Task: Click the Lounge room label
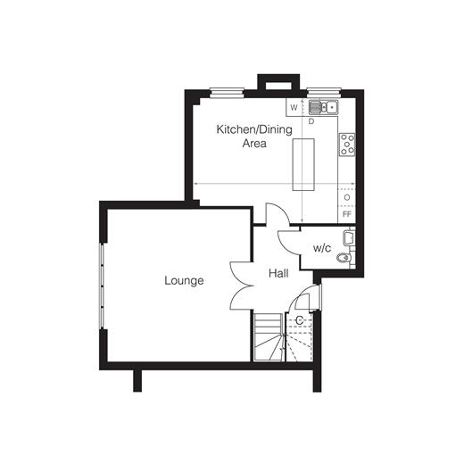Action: tap(184, 280)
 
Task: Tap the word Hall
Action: tap(278, 273)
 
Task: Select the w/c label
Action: tap(322, 248)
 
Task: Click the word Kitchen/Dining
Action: tap(254, 129)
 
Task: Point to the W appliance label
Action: tap(294, 108)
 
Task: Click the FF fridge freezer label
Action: tap(347, 214)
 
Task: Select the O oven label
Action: tap(347, 197)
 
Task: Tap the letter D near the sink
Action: tap(311, 121)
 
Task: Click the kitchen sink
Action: tap(323, 107)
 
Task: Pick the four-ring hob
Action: tap(347, 145)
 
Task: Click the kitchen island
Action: tap(303, 164)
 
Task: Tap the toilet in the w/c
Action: tap(344, 258)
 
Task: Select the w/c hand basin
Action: tap(348, 238)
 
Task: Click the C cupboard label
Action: tap(299, 320)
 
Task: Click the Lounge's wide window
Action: tap(102, 286)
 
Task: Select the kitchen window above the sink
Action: tap(324, 93)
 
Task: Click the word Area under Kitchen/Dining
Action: tap(254, 144)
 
